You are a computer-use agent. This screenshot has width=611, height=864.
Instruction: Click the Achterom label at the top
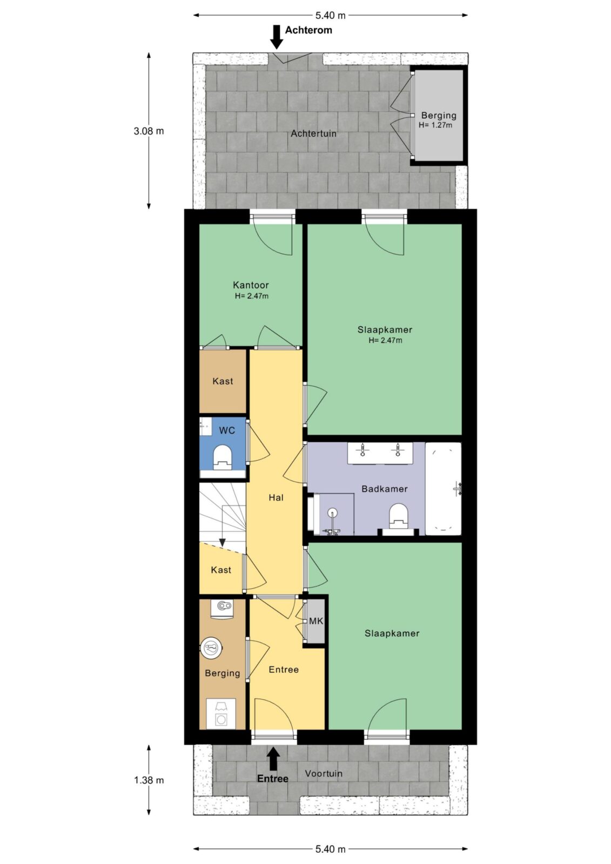tap(308, 30)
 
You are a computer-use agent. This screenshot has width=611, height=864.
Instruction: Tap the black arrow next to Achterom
tap(277, 37)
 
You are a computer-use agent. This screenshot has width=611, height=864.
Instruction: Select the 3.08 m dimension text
tap(149, 131)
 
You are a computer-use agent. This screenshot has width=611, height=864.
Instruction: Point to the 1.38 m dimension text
tap(149, 780)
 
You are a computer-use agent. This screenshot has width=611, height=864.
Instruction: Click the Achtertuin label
tap(313, 133)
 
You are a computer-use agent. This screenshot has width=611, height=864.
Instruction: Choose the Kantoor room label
tap(251, 285)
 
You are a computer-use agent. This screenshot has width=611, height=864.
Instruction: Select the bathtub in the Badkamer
tap(443, 489)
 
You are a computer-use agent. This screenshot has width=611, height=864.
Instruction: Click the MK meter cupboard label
tap(316, 622)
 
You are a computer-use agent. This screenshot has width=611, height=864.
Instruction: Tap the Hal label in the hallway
tap(276, 497)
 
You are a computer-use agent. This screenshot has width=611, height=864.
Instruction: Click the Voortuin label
tap(324, 773)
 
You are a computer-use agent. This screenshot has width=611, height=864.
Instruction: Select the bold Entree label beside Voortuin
tap(272, 778)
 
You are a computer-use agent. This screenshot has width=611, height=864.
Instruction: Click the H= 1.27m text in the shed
tap(435, 125)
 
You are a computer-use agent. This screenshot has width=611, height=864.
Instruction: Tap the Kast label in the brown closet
tap(223, 381)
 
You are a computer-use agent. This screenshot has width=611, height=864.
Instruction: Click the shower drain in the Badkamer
tap(332, 512)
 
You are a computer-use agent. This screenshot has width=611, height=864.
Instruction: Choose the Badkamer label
tap(385, 489)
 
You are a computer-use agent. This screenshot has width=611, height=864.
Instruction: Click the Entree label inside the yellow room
tap(284, 670)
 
